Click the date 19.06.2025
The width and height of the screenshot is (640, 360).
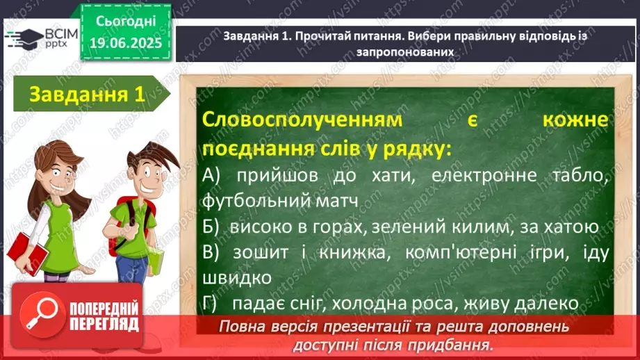pyautogui.click(x=126, y=43)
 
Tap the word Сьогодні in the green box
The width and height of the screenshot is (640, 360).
pyautogui.click(x=126, y=22)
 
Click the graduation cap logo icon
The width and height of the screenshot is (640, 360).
pyautogui.click(x=24, y=38)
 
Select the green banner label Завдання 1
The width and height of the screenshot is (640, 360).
pyautogui.click(x=88, y=94)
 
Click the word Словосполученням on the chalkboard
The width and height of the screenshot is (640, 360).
pyautogui.click(x=302, y=120)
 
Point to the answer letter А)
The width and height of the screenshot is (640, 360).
pyautogui.click(x=211, y=176)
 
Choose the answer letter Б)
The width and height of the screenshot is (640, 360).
pyautogui.click(x=211, y=227)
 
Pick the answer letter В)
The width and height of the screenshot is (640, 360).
pyautogui.click(x=211, y=253)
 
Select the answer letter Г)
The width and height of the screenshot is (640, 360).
pyautogui.click(x=209, y=304)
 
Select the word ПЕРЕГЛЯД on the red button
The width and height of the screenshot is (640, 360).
pyautogui.click(x=104, y=325)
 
